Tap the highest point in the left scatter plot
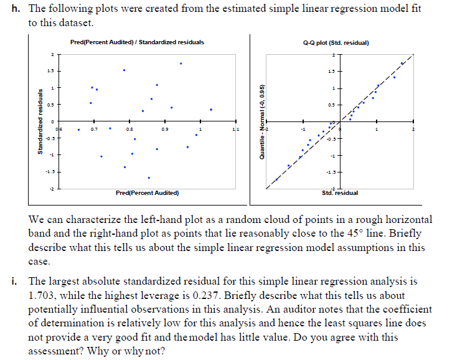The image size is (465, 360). click(x=181, y=64)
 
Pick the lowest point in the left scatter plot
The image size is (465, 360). click(x=149, y=178)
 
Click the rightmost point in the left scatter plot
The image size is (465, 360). click(x=211, y=110)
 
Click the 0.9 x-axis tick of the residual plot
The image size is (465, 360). click(x=164, y=130)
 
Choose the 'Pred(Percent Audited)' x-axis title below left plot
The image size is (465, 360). click(x=147, y=193)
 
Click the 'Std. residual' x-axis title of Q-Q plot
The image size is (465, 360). click(x=339, y=192)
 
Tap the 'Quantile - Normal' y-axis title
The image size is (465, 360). click(x=263, y=121)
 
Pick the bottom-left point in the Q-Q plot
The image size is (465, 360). click(x=276, y=179)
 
